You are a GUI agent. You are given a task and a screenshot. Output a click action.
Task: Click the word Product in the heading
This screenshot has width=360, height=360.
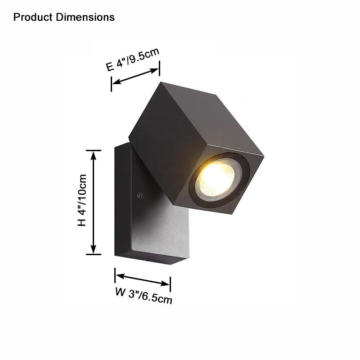(x=34, y=18)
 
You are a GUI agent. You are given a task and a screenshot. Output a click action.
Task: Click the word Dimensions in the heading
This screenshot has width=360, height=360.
(x=85, y=18)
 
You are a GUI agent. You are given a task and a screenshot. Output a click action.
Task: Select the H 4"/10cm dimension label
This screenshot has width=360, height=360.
(x=82, y=201)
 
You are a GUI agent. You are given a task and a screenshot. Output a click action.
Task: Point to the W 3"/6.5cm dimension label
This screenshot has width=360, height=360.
(x=144, y=295)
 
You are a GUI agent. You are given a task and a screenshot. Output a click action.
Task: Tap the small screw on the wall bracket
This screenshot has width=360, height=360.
(x=140, y=196)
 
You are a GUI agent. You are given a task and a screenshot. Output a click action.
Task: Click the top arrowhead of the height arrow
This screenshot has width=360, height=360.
(x=94, y=155)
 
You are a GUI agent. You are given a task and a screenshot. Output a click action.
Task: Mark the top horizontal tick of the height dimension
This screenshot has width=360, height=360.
(x=94, y=150)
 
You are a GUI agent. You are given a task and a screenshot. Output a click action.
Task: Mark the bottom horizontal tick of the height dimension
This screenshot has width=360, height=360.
(x=94, y=254)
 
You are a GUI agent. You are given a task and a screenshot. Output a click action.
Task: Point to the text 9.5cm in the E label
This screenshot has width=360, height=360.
(x=144, y=56)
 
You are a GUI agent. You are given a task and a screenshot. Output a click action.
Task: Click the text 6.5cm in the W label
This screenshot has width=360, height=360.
(x=157, y=298)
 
